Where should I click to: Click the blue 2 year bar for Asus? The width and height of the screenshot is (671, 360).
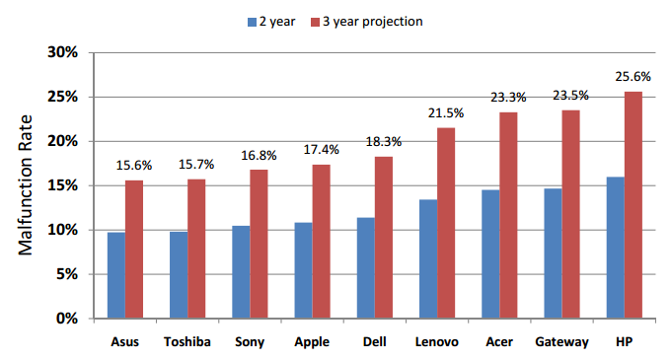point(116,275)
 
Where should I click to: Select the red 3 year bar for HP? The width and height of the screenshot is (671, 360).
point(634,205)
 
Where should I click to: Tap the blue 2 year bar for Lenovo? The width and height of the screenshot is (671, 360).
point(428,259)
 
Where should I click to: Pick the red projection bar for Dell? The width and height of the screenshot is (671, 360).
point(384,238)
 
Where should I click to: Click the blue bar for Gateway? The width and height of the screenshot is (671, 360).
point(553,253)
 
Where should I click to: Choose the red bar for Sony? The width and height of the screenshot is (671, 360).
point(259,245)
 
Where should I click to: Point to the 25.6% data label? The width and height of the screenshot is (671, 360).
point(633,77)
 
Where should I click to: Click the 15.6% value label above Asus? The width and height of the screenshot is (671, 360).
point(134,166)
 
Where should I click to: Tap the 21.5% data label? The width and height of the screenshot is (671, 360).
point(446,113)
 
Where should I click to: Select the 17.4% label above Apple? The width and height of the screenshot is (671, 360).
point(322,150)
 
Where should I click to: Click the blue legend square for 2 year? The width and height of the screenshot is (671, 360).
point(252,23)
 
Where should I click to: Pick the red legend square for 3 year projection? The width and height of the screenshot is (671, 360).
point(316,23)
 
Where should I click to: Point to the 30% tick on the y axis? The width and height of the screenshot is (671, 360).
point(63,52)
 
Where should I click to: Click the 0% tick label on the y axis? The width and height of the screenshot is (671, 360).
point(67,319)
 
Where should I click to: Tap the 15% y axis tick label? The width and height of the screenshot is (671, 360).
point(63,185)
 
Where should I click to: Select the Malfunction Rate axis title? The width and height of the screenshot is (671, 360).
point(26,185)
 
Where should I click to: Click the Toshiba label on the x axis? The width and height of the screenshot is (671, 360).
point(187,342)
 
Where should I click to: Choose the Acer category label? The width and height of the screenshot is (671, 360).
point(499,342)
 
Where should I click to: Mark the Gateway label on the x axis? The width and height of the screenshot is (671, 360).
point(561,342)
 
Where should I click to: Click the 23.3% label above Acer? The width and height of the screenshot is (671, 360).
point(508,98)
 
